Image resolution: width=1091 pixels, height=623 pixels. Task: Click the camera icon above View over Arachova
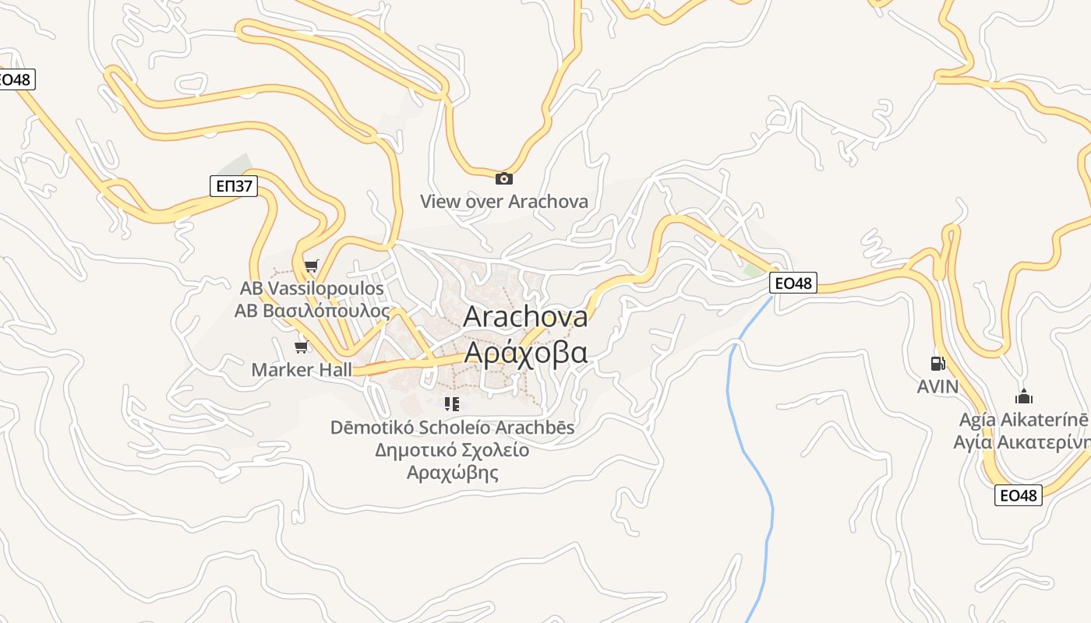point(504,178)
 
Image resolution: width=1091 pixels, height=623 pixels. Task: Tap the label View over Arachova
point(504,202)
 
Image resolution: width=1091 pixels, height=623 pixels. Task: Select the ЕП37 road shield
point(234,185)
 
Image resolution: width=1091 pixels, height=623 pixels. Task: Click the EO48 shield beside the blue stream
point(793,283)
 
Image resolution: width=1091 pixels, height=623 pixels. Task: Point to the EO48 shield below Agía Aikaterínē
point(1018,495)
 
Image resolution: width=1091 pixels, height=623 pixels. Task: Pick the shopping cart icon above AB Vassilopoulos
point(311,266)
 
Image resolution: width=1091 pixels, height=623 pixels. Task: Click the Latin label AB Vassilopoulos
point(312,288)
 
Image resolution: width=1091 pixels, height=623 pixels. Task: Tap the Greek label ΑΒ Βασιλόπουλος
point(312,311)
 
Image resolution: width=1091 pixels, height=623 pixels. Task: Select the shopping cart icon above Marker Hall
point(301,347)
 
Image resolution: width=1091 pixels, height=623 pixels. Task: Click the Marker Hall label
point(302,370)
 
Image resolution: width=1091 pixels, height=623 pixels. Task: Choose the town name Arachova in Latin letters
point(525,317)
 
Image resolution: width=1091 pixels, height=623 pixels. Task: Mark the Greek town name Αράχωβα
point(525,352)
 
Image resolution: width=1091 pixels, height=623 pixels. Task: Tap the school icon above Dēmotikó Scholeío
point(451,403)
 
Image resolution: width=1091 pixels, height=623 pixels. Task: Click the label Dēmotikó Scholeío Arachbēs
point(452,428)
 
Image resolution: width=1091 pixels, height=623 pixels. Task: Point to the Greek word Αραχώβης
point(452,473)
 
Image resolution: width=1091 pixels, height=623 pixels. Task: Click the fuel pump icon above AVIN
point(937,363)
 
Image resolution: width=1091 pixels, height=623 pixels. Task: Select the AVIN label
point(937,386)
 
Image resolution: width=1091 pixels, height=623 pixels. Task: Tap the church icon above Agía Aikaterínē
point(1024,396)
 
